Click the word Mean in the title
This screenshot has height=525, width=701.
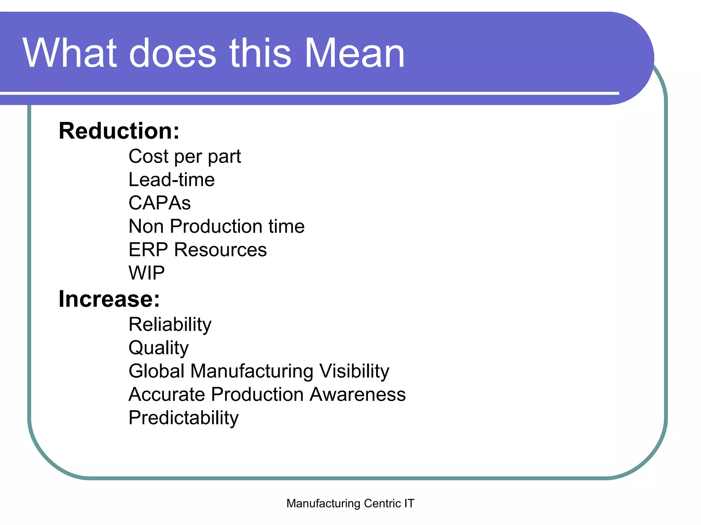[x=354, y=54]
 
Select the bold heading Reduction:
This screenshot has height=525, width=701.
[x=119, y=131]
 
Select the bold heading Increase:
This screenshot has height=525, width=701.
[x=109, y=299]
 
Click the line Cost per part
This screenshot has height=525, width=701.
[x=184, y=157]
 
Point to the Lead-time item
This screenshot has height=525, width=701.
[x=171, y=180]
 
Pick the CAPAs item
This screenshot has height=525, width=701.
[x=160, y=203]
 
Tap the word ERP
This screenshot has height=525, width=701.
[x=148, y=250]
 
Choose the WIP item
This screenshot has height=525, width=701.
[x=146, y=273]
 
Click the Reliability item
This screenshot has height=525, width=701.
[x=170, y=324]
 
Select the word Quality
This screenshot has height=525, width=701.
[x=158, y=348]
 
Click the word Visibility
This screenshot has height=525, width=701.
[x=354, y=371]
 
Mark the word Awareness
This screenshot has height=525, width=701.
[x=358, y=394]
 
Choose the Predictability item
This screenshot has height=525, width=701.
[x=183, y=418]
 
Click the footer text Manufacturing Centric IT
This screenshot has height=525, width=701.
[x=350, y=503]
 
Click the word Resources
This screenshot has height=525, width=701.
[x=220, y=250]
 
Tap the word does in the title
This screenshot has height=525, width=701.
[x=173, y=54]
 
